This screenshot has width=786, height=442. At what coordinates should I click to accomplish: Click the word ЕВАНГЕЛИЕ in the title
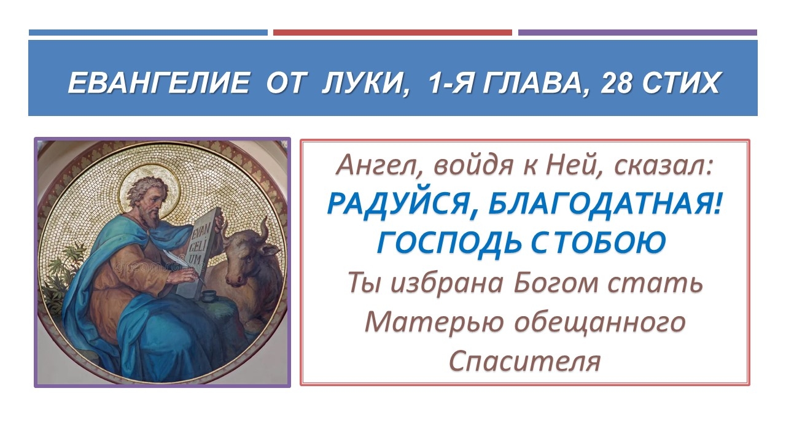tap(158, 83)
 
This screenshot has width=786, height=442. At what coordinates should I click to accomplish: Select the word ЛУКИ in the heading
tap(363, 83)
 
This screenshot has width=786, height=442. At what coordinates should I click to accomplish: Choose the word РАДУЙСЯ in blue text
tap(398, 204)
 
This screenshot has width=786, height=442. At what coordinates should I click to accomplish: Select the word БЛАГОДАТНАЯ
tap(604, 204)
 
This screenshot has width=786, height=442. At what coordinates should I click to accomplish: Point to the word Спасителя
tap(524, 361)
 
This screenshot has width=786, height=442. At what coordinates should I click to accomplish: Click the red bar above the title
tap(392, 33)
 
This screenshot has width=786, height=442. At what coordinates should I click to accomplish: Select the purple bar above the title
tap(637, 33)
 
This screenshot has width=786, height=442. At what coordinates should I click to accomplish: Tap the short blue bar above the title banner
tap(148, 33)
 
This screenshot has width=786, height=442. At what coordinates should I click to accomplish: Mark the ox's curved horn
tap(263, 230)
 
